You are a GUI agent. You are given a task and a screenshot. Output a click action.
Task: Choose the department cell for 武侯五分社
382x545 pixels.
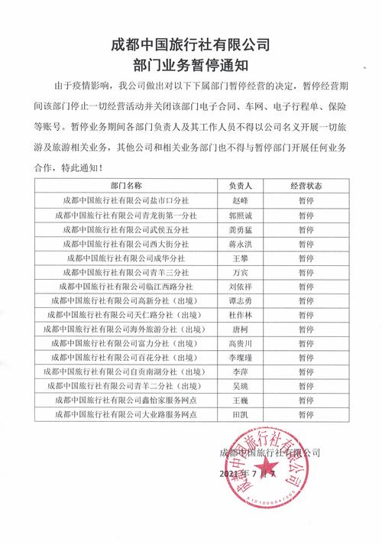tap(125, 229)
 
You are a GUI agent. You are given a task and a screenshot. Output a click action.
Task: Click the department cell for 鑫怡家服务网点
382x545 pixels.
tap(125, 399)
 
